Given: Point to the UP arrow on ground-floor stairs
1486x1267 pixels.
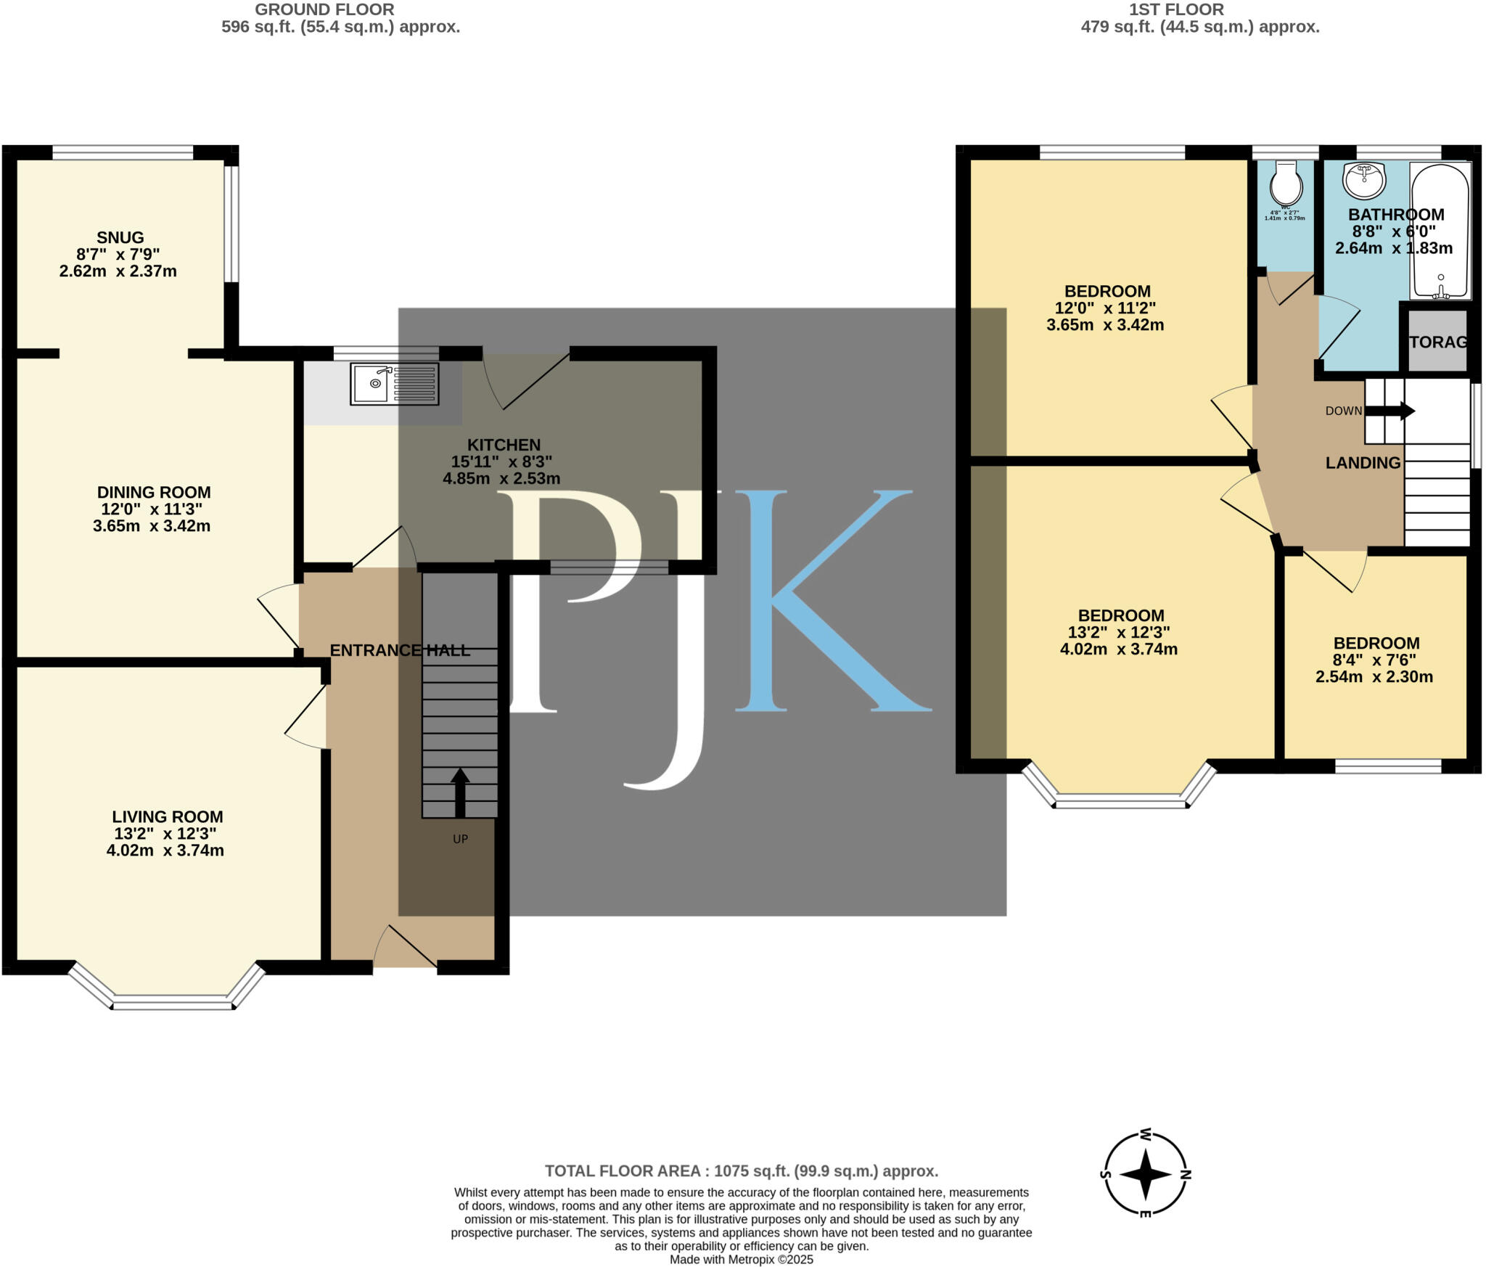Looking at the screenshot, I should tap(459, 793).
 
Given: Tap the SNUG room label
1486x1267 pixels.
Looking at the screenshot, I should tap(120, 237).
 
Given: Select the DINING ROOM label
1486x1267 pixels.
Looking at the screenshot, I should tap(154, 492).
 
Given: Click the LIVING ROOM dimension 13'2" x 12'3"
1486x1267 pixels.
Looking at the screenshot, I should tap(165, 834).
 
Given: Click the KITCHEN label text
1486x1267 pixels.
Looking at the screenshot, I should tap(504, 445).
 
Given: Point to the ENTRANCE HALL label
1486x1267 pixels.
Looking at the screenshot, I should tap(400, 650).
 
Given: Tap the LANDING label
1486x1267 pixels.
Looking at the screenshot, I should tap(1363, 463).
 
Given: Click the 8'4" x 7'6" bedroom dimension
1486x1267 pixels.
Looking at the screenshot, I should tap(1374, 660).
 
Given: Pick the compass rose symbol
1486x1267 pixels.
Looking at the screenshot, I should tap(1146, 1173).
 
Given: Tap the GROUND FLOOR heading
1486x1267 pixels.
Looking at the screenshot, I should tap(324, 9).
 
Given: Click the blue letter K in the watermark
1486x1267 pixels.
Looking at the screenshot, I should tap(827, 601).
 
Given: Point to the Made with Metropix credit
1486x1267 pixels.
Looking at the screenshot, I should tap(741, 1260).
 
